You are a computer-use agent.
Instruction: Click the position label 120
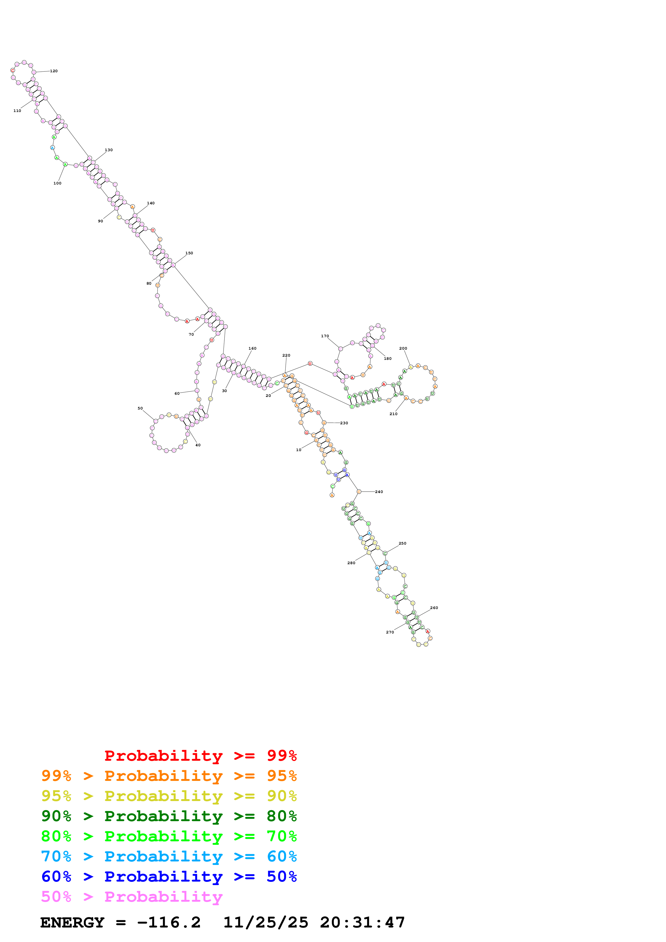click(54, 71)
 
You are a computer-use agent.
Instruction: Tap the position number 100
click(57, 183)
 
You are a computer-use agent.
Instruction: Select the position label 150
click(189, 253)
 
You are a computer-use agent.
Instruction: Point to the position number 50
click(140, 408)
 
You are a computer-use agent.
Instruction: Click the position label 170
click(325, 336)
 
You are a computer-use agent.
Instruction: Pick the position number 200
click(403, 348)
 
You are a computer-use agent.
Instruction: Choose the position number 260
click(434, 608)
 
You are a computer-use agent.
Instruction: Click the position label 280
click(351, 563)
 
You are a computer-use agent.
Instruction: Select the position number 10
click(299, 450)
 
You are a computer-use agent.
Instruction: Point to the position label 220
click(286, 355)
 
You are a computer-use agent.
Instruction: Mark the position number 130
click(109, 150)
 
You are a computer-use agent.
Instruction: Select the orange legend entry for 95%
click(169, 776)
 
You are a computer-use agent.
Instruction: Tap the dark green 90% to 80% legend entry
click(169, 816)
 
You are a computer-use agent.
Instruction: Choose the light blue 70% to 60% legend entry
click(169, 856)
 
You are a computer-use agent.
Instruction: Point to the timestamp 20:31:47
click(362, 922)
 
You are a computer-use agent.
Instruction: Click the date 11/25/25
click(266, 922)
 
